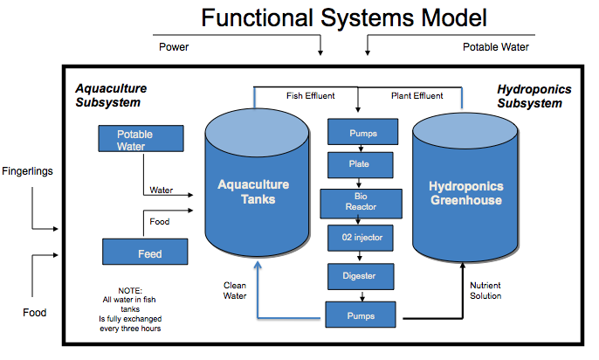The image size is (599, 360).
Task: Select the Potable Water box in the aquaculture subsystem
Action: pyautogui.click(x=140, y=140)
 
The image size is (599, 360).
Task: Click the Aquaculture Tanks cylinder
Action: pyautogui.click(x=252, y=192)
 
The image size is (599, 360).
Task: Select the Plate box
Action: pyautogui.click(x=361, y=163)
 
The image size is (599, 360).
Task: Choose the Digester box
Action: pyautogui.click(x=361, y=276)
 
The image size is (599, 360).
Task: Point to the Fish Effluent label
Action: pyautogui.click(x=310, y=95)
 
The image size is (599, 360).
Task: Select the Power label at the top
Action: pyautogui.click(x=173, y=47)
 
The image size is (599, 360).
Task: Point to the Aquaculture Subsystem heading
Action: pyautogui.click(x=111, y=95)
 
